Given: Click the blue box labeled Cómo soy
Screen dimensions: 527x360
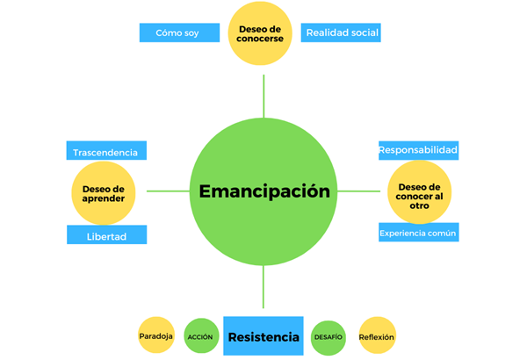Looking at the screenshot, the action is (x=178, y=32).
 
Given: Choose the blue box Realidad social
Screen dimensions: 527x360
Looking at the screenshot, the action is (x=342, y=32).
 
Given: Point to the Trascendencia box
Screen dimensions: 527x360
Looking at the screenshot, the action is (x=105, y=151).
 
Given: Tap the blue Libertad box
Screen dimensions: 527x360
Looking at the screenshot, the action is (x=106, y=235).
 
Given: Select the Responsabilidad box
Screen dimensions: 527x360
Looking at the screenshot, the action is (x=418, y=149).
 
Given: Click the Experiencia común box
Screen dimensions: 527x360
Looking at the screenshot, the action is (x=418, y=233).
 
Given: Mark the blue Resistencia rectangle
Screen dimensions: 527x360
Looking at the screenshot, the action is (x=263, y=336).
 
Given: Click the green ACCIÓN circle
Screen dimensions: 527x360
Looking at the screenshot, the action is (x=200, y=336).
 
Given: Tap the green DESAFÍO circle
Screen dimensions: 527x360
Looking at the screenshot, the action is (x=328, y=337).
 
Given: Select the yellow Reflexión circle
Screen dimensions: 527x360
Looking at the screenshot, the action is (x=377, y=335).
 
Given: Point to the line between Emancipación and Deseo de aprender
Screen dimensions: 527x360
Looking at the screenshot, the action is (x=168, y=191).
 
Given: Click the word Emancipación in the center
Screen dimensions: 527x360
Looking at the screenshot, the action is (x=263, y=191).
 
